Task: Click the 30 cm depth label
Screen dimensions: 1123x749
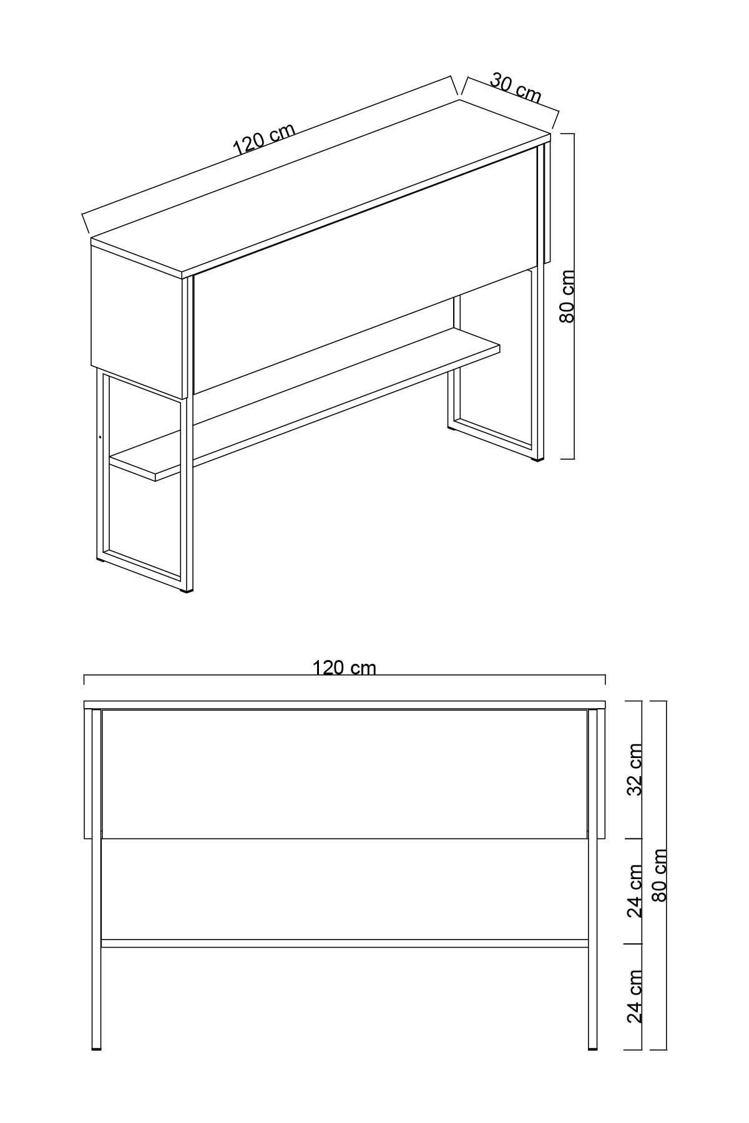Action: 516,88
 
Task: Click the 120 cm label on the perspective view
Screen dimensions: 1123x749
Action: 264,139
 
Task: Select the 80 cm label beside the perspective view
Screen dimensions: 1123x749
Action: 567,296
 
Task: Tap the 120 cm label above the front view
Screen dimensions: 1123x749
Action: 345,668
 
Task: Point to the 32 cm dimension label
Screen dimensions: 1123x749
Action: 635,769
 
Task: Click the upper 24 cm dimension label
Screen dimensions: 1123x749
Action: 635,890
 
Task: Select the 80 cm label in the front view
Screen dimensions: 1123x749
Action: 660,875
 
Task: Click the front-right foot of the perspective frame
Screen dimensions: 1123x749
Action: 537,460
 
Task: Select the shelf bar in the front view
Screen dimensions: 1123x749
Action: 345,943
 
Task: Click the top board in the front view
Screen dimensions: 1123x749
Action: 345,705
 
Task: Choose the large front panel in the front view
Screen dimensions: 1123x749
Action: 345,774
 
